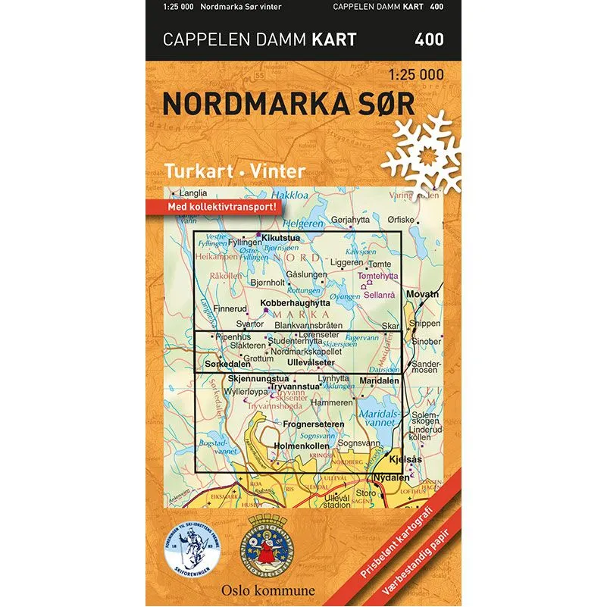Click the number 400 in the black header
pyautogui.click(x=429, y=38)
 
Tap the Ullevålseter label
pyautogui.click(x=311, y=362)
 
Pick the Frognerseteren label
pyautogui.click(x=313, y=424)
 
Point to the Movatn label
pyautogui.click(x=423, y=294)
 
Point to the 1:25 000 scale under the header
pyautogui.click(x=416, y=76)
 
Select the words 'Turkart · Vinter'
pyautogui.click(x=224, y=171)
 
